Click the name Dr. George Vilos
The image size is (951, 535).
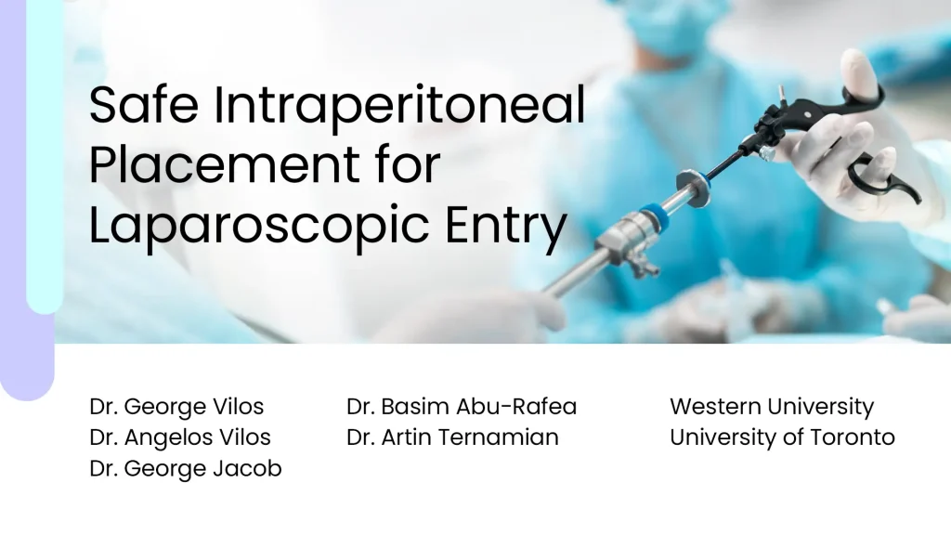[176, 407]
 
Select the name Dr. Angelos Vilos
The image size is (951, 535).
[180, 437]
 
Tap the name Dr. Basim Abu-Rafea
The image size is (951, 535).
[462, 407]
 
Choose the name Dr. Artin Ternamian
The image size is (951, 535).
[452, 437]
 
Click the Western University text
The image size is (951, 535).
[772, 407]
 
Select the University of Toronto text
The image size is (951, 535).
[782, 437]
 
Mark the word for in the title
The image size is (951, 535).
[398, 167]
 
